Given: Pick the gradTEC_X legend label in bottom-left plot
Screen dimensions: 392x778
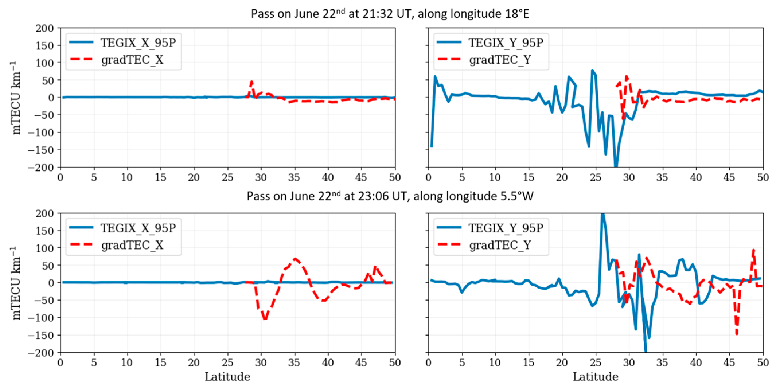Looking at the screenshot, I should [132, 245].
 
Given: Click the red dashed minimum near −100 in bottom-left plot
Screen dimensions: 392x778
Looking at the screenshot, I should [265, 319].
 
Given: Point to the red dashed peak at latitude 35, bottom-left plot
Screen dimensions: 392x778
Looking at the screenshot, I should [295, 259].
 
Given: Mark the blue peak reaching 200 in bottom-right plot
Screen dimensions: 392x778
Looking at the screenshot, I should [602, 214].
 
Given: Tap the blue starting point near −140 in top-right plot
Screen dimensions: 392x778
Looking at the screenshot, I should [432, 146].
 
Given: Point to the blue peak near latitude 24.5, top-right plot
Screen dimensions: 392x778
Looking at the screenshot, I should [592, 70].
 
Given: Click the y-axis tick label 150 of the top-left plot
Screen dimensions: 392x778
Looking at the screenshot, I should [45, 46].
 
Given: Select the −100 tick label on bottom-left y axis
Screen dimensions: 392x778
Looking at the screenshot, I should [40, 318].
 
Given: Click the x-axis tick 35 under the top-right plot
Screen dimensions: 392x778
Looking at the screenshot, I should [662, 177].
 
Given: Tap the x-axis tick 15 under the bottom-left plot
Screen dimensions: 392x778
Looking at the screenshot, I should [160, 362].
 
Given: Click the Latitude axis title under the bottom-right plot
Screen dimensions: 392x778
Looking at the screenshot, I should [595, 377].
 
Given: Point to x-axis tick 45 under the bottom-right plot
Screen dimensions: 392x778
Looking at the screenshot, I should [729, 362].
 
